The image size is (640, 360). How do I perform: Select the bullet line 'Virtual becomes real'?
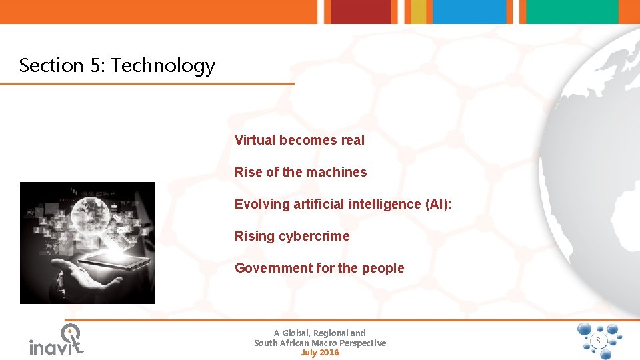tap(299, 140)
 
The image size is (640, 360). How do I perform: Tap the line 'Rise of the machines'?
tap(301, 172)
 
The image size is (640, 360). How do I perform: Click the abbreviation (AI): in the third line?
tap(438, 204)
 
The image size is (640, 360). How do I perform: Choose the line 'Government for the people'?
tap(319, 268)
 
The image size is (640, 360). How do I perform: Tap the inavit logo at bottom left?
tap(57, 341)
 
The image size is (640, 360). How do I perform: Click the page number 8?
tap(598, 341)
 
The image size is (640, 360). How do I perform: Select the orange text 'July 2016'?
tap(320, 353)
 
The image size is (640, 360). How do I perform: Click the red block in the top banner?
tap(361, 11)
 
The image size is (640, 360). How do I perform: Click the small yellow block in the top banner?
tap(418, 11)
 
